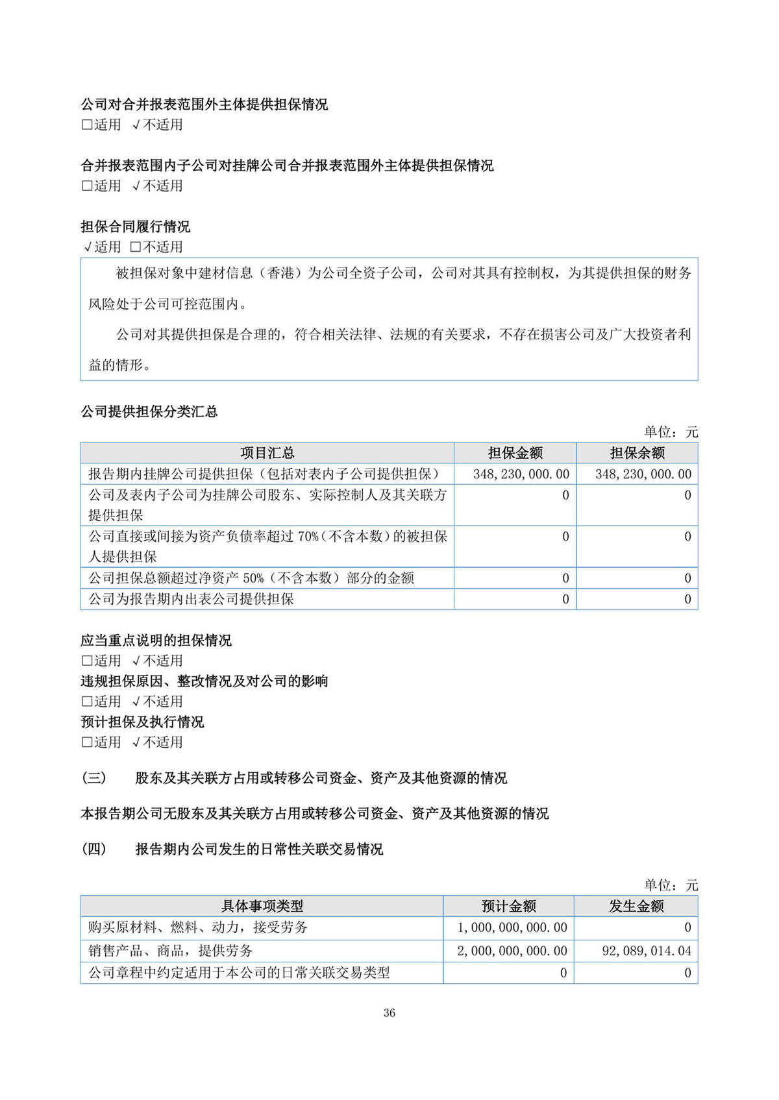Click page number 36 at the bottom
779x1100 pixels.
(x=389, y=1012)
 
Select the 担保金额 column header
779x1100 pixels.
(x=515, y=453)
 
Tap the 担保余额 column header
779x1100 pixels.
(x=637, y=453)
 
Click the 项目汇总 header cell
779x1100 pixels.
(x=267, y=453)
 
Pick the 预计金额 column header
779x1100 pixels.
(x=508, y=906)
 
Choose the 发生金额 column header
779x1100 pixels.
(x=636, y=906)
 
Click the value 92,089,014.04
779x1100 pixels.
(x=647, y=951)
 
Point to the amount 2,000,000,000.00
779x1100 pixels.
(x=512, y=951)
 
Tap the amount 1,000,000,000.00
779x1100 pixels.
(x=512, y=927)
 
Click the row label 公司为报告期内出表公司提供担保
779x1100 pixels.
(x=191, y=599)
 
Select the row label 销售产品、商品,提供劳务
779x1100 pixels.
(x=170, y=951)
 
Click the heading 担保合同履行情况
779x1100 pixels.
(x=135, y=226)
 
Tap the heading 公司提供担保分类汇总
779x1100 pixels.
(x=149, y=411)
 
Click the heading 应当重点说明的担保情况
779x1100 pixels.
(x=156, y=641)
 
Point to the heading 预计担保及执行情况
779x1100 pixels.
(x=142, y=722)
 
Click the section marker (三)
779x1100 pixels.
(x=93, y=777)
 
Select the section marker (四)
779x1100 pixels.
(x=93, y=849)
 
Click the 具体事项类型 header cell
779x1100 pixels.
(x=262, y=906)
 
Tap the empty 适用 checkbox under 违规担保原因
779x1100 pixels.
(x=87, y=702)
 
